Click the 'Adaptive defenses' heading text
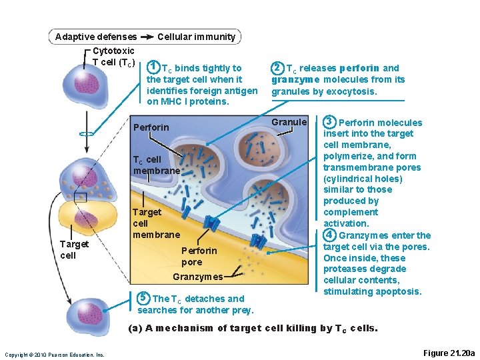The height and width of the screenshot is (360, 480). tap(95, 37)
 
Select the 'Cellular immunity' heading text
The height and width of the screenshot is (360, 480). tap(196, 37)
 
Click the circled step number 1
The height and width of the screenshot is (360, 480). tap(153, 67)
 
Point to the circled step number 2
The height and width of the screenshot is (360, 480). tap(277, 67)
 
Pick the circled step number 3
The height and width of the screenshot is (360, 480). tap(329, 122)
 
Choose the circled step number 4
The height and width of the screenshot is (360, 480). tap(329, 235)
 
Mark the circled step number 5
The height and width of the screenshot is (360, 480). tap(143, 298)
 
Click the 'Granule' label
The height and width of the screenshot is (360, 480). tap(289, 122)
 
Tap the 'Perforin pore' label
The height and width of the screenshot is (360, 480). tap(199, 256)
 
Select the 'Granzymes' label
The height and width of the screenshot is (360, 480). tap(197, 277)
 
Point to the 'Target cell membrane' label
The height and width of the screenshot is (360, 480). tap(156, 223)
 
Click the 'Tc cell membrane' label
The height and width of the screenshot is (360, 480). tap(156, 165)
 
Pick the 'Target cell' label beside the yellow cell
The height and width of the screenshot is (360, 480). tap(73, 249)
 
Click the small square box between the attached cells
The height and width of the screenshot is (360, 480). tap(81, 197)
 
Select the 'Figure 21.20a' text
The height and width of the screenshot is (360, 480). tap(449, 353)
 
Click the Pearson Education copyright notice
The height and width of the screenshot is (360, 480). tap(55, 354)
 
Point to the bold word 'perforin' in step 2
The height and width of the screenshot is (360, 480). tap(359, 68)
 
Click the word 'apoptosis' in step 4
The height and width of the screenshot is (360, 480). tap(399, 291)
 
